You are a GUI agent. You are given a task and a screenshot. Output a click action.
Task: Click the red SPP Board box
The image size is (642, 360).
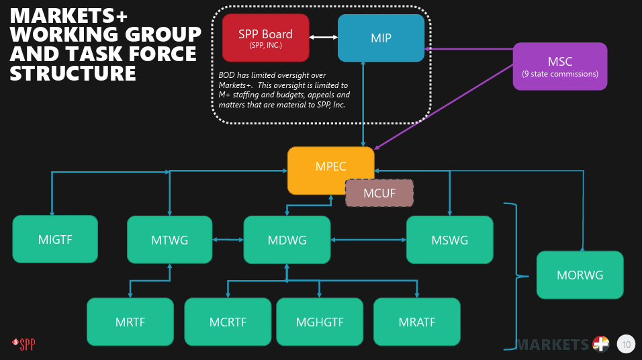tap(265, 38)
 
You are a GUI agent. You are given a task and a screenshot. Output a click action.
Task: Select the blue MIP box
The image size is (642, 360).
tap(381, 38)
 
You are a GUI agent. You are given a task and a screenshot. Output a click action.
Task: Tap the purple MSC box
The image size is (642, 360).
tap(560, 66)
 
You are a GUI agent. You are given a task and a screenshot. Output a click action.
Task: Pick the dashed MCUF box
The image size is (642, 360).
tap(379, 193)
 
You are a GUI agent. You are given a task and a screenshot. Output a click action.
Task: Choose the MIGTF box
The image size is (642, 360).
tap(55, 239)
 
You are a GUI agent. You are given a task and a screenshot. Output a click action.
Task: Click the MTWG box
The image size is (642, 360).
tap(169, 239)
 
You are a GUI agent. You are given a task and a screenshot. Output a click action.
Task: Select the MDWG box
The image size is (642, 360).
tap(287, 239)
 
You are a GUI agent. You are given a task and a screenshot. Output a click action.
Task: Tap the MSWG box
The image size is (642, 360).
tap(449, 239)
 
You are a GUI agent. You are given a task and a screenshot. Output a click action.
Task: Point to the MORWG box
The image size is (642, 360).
tap(580, 275)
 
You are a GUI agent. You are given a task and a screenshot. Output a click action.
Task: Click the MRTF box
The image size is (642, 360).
tap(130, 322)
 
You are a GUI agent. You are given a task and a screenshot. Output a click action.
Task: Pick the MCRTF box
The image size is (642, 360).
tap(228, 322)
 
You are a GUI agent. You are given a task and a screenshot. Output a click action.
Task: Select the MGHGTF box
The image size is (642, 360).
tap(320, 322)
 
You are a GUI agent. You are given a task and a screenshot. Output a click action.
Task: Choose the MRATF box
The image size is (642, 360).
tap(416, 322)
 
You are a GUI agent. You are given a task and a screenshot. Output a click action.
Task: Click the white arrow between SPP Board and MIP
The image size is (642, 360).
tap(324, 37)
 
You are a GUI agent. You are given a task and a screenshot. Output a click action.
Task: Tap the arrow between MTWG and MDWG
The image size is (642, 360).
tap(228, 239)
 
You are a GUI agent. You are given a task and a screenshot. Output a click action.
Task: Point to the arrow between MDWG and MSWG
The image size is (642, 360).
tap(368, 239)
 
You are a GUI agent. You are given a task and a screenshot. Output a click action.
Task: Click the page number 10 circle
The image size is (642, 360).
tap(626, 345)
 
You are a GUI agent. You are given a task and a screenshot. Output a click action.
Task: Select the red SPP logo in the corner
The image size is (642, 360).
tap(24, 345)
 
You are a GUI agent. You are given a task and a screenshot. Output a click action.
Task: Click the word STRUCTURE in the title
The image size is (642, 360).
tap(73, 73)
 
